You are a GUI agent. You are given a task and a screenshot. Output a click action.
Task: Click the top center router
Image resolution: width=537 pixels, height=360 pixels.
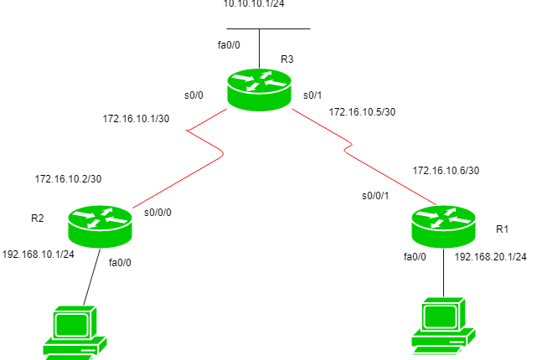(x=259, y=89)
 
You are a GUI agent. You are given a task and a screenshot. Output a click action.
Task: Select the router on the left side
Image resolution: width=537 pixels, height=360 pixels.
(x=100, y=226)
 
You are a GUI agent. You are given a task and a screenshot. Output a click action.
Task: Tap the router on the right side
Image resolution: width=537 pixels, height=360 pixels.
(x=443, y=226)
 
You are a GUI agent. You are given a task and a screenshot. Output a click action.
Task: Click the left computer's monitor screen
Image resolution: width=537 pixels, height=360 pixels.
(x=72, y=325)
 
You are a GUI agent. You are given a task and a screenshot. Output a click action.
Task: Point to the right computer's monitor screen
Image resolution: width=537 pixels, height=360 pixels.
(x=440, y=316)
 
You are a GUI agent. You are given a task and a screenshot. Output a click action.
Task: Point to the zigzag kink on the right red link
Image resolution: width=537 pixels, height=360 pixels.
(x=348, y=147)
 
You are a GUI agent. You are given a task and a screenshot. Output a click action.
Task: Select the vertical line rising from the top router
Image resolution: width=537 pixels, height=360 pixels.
(x=259, y=49)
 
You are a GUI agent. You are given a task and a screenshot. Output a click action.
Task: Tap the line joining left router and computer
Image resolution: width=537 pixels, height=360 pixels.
(x=91, y=276)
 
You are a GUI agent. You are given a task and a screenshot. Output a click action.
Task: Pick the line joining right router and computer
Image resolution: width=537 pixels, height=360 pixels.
(x=443, y=272)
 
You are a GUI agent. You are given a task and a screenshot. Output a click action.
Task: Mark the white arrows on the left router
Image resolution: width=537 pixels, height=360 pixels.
(x=100, y=218)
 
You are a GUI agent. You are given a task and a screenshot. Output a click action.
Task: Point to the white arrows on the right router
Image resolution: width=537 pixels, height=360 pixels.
(x=443, y=218)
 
